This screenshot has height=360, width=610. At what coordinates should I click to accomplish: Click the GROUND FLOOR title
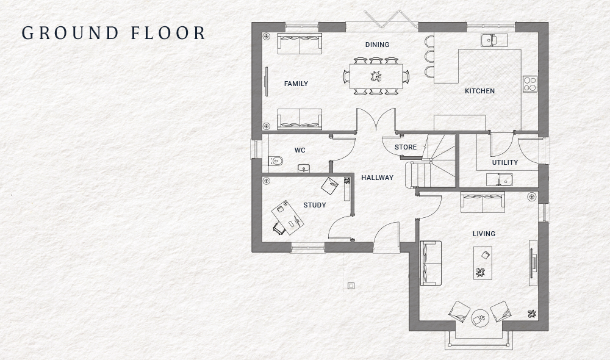(x=113, y=32)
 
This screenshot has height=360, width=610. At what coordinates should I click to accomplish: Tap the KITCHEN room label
(x=479, y=91)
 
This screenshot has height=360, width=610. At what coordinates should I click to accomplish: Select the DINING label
(x=377, y=45)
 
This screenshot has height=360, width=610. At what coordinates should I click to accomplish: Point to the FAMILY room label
(x=296, y=84)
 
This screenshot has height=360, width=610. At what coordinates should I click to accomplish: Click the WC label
(x=300, y=150)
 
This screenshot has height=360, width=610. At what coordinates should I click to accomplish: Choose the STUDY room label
(x=315, y=205)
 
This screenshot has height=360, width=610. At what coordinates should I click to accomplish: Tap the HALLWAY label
(x=377, y=178)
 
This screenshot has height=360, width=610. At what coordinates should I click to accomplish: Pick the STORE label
(x=406, y=147)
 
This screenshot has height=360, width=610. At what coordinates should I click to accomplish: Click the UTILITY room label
(x=505, y=162)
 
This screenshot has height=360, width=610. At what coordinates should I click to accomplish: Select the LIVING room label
(x=484, y=234)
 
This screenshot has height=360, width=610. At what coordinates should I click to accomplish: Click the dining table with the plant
(x=376, y=76)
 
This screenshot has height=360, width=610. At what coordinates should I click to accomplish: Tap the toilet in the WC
(x=274, y=161)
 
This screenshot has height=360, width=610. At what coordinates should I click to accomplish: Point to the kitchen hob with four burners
(x=529, y=84)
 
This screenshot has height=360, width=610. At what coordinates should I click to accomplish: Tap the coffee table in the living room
(x=483, y=263)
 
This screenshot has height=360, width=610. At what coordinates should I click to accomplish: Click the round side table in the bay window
(x=479, y=317)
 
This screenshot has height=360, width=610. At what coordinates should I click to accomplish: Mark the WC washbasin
(x=304, y=168)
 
